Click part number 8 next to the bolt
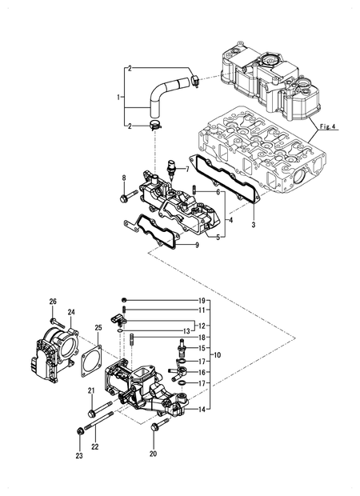click(124, 178)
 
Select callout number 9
click(186, 245)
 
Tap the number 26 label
click(53, 301)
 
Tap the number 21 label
click(91, 390)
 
